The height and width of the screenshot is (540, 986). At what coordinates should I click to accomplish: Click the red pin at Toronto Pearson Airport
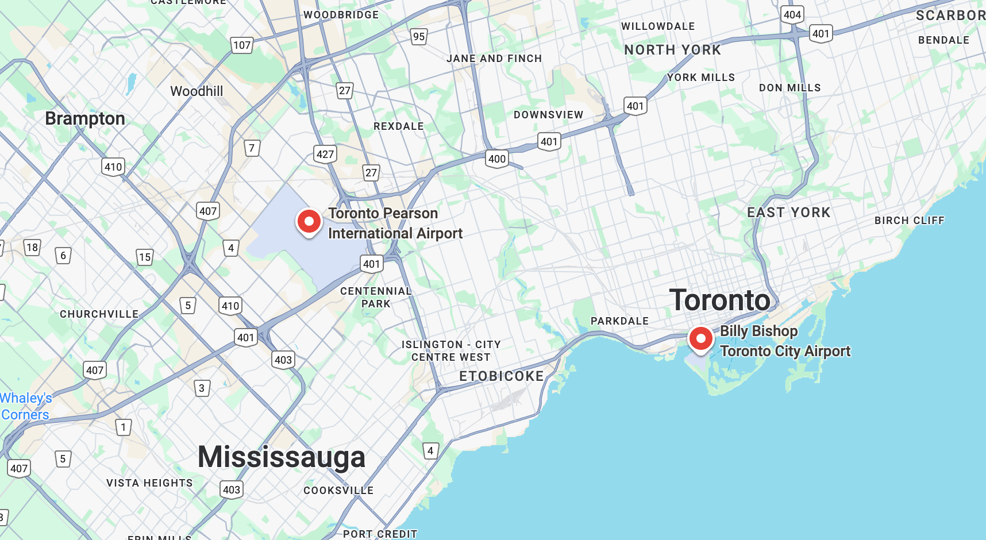[x=309, y=221]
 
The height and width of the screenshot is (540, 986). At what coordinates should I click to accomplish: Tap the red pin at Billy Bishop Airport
[x=700, y=338]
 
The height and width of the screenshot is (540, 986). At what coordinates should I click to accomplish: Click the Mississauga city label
[x=282, y=457]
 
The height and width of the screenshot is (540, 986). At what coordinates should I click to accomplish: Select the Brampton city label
[x=85, y=118]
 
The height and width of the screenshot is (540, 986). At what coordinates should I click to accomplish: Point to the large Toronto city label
[x=719, y=300]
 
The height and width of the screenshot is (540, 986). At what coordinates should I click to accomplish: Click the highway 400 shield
[x=497, y=159]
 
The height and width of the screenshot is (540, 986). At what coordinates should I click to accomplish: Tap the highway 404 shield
[x=792, y=15]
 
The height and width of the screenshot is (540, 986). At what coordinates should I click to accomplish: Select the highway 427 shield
[x=325, y=154]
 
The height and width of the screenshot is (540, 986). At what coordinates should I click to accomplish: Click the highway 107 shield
[x=242, y=45]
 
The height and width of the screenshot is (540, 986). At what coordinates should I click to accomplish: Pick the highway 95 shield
[x=419, y=37]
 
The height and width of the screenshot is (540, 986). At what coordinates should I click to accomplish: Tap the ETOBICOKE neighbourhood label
[x=501, y=376]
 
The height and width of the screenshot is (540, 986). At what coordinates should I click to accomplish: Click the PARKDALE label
[x=619, y=321]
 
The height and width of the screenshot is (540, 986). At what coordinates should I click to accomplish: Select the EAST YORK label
[x=788, y=213]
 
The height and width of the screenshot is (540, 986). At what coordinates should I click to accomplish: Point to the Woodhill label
[x=197, y=91]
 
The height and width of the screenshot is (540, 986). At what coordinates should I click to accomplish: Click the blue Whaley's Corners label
[x=26, y=406]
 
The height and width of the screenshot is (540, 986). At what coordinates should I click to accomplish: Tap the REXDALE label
[x=398, y=126]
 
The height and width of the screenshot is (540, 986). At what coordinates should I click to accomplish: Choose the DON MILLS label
[x=789, y=88]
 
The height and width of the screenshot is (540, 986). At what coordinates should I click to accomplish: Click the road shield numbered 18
[x=32, y=248]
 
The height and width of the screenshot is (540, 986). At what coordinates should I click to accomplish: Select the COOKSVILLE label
[x=338, y=491]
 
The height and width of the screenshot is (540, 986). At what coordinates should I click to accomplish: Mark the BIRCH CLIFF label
[x=909, y=221]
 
